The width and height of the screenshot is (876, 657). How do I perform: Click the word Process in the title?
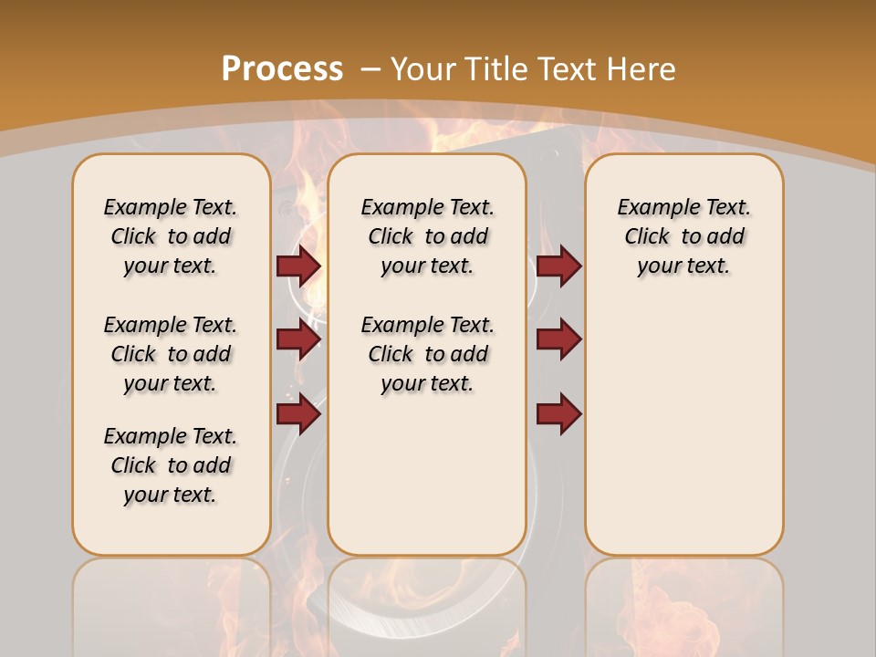click(x=282, y=69)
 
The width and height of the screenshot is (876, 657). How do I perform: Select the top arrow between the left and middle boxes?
click(x=298, y=266)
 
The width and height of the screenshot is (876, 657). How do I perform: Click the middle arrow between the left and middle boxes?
click(x=298, y=339)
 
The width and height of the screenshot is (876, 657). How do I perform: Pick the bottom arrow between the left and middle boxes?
click(x=298, y=414)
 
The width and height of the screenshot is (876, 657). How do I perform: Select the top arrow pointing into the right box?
click(x=558, y=266)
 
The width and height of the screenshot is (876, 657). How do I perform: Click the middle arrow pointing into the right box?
click(x=558, y=339)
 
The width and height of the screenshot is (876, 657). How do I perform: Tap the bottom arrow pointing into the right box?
click(x=558, y=414)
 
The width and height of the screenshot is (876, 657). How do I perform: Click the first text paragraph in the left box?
click(x=171, y=236)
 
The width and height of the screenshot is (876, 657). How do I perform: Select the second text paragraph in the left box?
click(x=171, y=354)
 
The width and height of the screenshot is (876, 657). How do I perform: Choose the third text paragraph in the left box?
click(x=171, y=465)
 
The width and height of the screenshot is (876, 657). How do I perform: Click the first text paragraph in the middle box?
click(x=427, y=236)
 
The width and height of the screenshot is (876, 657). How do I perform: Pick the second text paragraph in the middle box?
click(x=427, y=354)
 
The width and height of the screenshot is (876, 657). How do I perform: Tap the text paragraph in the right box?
click(x=684, y=236)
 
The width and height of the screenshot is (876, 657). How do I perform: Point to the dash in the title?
click(x=370, y=69)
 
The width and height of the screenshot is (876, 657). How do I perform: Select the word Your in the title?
click(x=423, y=69)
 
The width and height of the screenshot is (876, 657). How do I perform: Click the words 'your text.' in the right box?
click(x=684, y=266)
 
